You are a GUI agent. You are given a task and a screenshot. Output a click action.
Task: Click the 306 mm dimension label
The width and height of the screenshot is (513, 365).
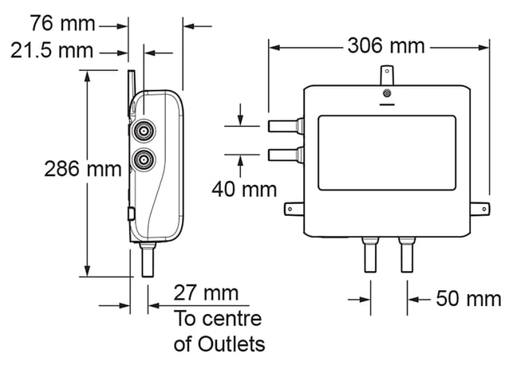tap(386, 45)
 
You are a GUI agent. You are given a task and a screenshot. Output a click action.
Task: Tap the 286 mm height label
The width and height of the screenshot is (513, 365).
tap(83, 169)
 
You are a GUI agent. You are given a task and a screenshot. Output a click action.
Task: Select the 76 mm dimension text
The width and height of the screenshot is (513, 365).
tap(62, 24)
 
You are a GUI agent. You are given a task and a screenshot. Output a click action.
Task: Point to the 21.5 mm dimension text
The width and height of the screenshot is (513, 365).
tap(52, 51)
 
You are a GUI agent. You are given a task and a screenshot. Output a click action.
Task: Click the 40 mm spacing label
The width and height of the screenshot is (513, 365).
tap(244, 190)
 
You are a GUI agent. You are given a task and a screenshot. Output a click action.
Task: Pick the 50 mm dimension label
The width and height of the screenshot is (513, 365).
tap(468, 299)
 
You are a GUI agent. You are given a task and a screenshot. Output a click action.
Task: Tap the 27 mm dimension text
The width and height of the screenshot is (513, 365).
tap(206, 292)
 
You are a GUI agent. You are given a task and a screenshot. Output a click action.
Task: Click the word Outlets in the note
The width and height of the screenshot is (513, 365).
tap(231, 344)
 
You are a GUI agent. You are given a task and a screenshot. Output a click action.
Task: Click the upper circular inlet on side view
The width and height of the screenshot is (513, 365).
tap(144, 131)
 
